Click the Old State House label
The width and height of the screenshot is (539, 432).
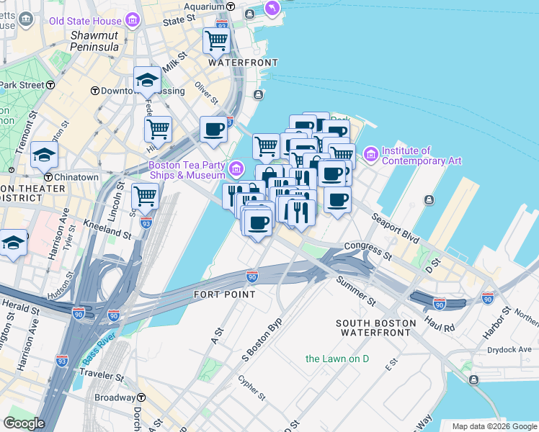pos(86,21)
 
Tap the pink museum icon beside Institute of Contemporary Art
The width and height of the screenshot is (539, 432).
pos(371,154)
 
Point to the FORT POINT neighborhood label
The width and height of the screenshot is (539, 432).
pos(225,294)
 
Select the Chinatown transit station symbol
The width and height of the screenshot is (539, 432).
pos(48,177)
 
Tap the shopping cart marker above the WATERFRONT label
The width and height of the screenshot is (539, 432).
pos(216,41)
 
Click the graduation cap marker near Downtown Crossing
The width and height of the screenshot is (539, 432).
pos(147,80)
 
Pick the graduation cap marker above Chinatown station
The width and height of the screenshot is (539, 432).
pos(44,154)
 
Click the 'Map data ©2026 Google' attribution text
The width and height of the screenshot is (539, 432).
pos(494,426)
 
